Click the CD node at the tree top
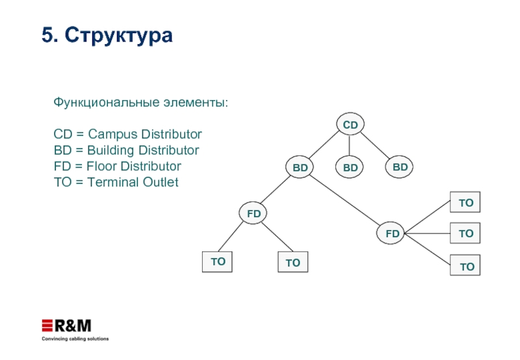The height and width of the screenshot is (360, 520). tap(350, 124)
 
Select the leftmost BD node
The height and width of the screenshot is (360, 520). tap(300, 168)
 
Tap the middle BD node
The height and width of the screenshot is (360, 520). tap(350, 168)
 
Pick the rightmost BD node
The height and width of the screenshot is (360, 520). tap(400, 167)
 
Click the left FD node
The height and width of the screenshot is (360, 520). tap(253, 212)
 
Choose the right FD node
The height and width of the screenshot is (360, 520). tap(392, 233)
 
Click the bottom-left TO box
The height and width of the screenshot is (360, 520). tap(218, 261)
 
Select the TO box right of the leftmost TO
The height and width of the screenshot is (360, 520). tap(292, 263)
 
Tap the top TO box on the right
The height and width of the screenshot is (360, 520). tap(466, 203)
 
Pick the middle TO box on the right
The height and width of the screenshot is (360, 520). tap(466, 233)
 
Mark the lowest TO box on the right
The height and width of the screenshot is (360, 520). tap(467, 266)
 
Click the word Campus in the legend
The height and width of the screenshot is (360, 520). tap(109, 135)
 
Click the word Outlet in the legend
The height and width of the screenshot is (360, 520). tap(159, 182)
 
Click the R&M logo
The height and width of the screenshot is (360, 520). tap(67, 325)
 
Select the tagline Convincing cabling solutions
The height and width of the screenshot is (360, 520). tap(75, 339)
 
